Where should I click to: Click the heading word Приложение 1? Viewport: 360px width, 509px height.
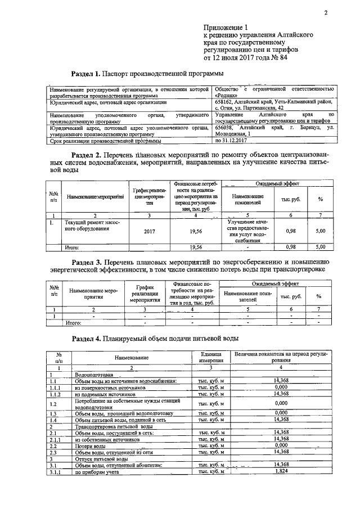pos(225,28)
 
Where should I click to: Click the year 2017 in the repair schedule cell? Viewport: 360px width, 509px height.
pos(149,231)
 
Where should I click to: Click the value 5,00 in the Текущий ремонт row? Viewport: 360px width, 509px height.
pos(321,231)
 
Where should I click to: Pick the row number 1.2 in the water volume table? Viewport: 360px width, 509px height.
pos(54,404)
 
